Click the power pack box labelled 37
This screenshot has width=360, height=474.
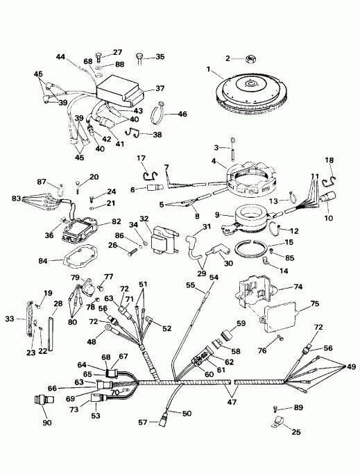(122, 90)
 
